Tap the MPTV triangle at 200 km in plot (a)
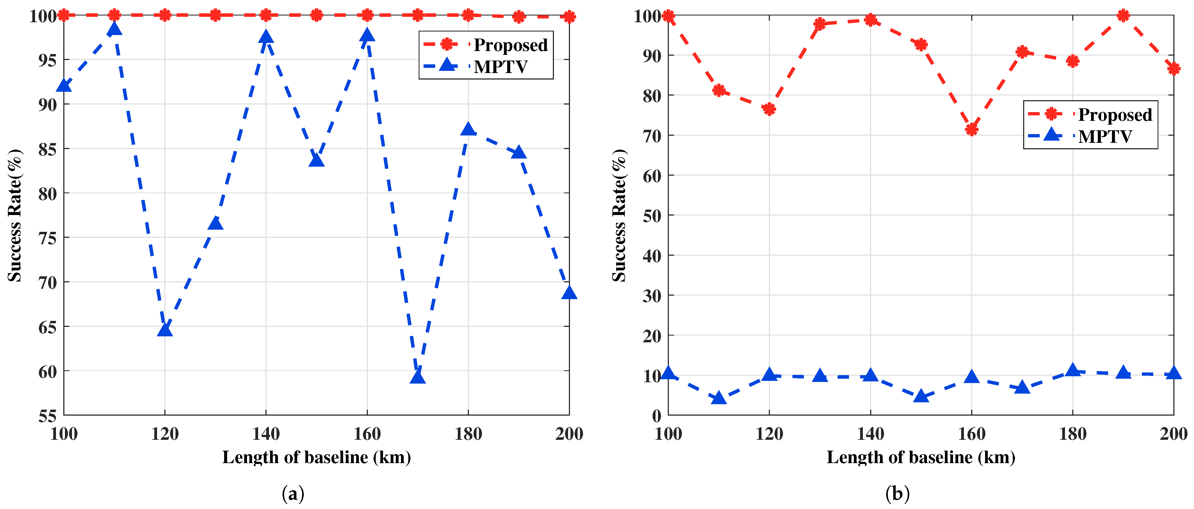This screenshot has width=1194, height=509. [x=569, y=293]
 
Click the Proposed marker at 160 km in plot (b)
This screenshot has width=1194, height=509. [x=972, y=129]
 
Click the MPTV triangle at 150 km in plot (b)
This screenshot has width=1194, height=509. [x=921, y=396]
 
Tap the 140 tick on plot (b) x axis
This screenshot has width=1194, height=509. [x=870, y=434]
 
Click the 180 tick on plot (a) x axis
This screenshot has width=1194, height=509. [x=468, y=434]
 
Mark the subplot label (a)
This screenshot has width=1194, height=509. [x=293, y=494]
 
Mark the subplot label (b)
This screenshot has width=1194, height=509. [x=897, y=494]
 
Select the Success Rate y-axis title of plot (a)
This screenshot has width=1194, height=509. [x=15, y=215]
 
